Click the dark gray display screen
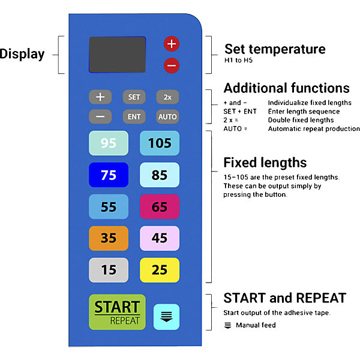pos(118,55)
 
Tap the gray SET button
pos(134,97)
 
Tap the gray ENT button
pos(134,116)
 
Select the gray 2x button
pos(167,97)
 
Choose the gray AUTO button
pos(167,116)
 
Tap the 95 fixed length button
pos(109,143)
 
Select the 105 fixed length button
pos(160,143)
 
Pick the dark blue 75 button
pos(109,175)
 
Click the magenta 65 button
pos(160,206)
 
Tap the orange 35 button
pos(109,238)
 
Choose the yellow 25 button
pos(160,270)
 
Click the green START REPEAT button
pos(118,312)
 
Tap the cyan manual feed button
pos(166,317)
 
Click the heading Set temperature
pos(275,49)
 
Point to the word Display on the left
pos(22,54)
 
